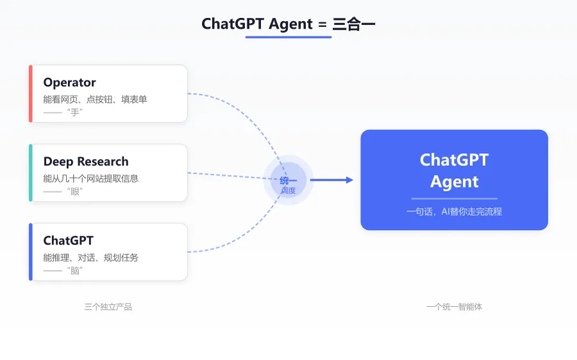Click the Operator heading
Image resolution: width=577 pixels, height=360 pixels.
(x=69, y=83)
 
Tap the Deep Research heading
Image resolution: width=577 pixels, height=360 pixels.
(x=86, y=162)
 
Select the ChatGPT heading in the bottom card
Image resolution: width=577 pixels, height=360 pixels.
(x=69, y=240)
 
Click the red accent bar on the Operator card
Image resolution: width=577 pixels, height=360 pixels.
(x=31, y=94)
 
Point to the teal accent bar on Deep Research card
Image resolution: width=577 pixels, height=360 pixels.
(x=31, y=173)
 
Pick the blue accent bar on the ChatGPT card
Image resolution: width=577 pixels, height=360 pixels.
(x=31, y=252)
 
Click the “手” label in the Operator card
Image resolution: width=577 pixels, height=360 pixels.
(x=75, y=112)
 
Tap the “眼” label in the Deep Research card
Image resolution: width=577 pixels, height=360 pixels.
(x=75, y=192)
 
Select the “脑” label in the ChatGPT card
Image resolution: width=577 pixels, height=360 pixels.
(x=75, y=270)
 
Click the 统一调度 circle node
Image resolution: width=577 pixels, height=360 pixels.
(x=288, y=180)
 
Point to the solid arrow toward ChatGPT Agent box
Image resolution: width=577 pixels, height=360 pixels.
(x=331, y=180)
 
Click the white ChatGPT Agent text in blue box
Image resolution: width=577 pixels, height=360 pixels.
(x=454, y=170)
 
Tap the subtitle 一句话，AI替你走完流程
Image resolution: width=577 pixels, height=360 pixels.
(x=454, y=211)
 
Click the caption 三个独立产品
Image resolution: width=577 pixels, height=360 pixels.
(x=108, y=307)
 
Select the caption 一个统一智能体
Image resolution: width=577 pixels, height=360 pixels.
(x=454, y=307)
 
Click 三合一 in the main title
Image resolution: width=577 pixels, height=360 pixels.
(x=354, y=24)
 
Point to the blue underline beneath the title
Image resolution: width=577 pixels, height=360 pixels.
(x=288, y=37)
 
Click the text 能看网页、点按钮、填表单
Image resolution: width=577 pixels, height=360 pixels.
(x=95, y=99)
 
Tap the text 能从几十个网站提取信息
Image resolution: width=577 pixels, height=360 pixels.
(x=91, y=178)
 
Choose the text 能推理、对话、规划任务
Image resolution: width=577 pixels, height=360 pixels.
(x=91, y=258)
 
